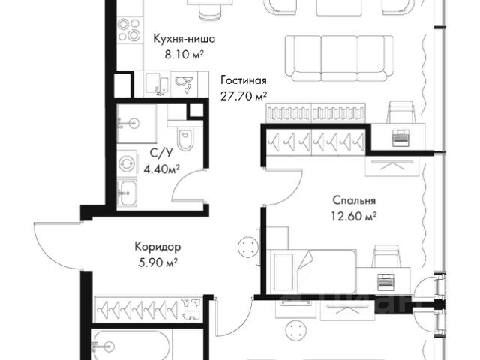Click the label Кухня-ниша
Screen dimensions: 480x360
click(184, 39)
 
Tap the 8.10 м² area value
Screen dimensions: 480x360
click(184, 55)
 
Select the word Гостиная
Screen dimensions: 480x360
click(244, 80)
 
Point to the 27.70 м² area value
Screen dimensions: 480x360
click(244, 97)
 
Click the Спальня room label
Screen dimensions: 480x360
click(354, 200)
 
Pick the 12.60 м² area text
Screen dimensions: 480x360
click(354, 217)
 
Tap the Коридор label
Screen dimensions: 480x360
click(157, 247)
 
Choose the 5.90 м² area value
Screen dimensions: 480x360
click(158, 262)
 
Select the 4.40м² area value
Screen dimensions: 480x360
click(161, 168)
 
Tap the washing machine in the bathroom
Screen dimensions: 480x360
click(127, 164)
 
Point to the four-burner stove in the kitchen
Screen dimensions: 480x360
click(130, 30)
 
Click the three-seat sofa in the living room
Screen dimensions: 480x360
click(339, 58)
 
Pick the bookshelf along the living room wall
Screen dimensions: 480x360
click(316, 112)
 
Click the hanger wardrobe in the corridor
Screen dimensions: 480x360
click(148, 309)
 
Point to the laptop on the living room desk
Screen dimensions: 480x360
click(401, 136)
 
